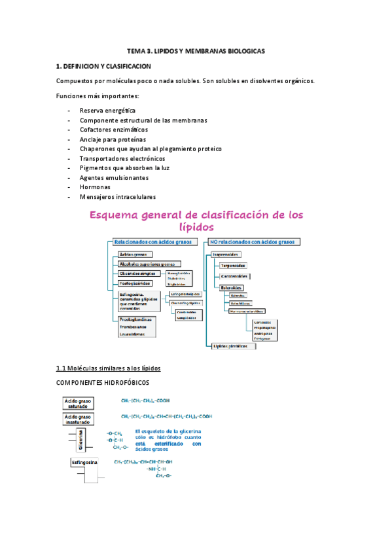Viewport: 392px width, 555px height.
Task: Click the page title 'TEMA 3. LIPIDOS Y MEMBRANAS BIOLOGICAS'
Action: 196,51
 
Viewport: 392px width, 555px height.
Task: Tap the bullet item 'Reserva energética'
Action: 107,111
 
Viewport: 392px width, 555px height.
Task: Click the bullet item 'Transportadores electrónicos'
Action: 122,158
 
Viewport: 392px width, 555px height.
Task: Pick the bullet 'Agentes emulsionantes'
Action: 114,177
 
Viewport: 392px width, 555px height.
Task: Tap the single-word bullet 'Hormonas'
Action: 95,187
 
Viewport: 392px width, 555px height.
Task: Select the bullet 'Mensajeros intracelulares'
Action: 118,196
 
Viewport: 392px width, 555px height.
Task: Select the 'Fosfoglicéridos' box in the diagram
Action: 135,283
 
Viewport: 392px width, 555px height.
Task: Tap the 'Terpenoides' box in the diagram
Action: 234,266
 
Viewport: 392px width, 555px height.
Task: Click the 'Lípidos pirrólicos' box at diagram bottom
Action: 230,346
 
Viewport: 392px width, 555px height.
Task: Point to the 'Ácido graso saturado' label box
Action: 78,403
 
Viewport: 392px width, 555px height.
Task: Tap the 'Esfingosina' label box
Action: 84,463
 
